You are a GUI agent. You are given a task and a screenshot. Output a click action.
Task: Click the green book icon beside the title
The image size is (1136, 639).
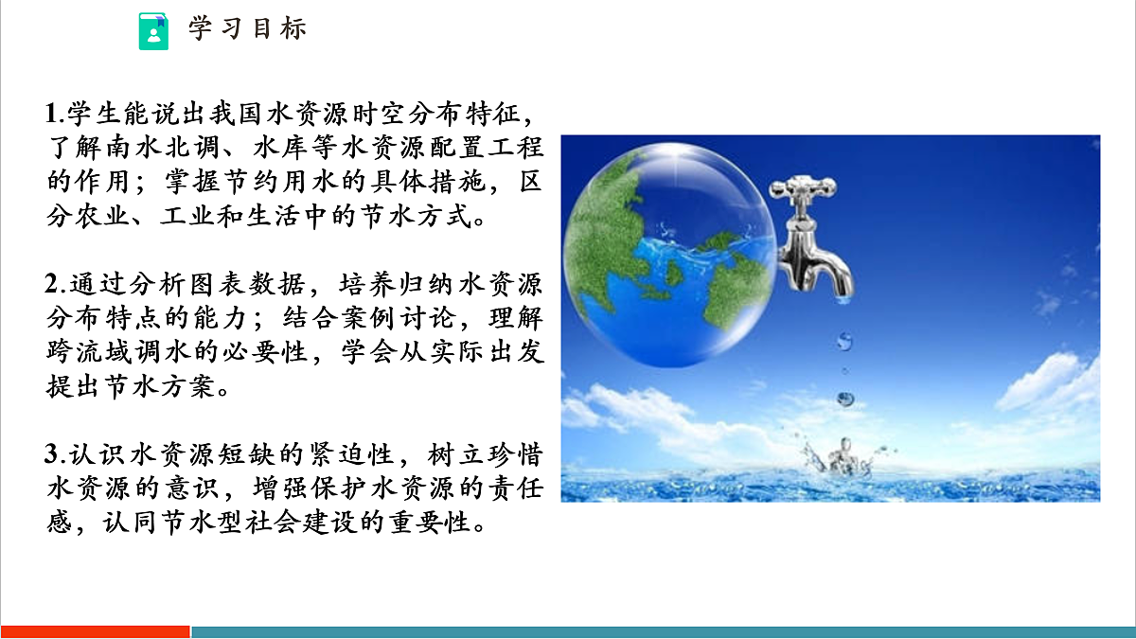point(152,30)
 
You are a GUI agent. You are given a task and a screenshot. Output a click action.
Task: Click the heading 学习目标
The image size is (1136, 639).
point(248,29)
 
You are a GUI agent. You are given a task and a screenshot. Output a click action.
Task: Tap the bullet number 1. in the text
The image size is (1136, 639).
point(52,115)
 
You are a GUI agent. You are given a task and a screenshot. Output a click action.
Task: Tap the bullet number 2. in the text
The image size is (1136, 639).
point(53,284)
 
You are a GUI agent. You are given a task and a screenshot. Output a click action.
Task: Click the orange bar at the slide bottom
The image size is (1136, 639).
point(95,631)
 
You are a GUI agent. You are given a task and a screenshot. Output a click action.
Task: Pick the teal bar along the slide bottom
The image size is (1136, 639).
point(663,631)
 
